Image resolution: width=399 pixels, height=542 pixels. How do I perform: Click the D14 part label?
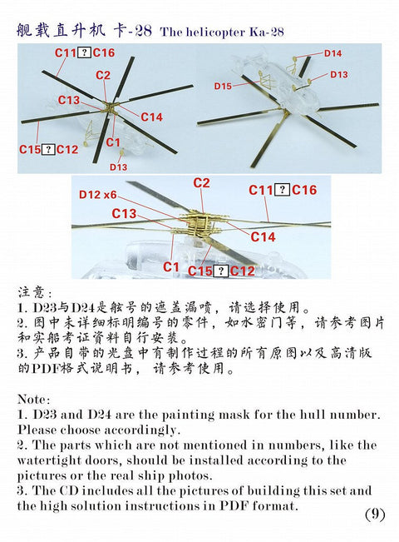click(x=332, y=53)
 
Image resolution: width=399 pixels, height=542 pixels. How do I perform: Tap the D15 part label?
click(x=223, y=86)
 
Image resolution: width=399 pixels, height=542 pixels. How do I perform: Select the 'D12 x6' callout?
click(x=98, y=195)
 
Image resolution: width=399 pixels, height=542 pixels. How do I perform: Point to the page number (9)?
click(x=375, y=514)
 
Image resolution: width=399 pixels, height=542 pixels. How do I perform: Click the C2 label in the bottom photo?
click(x=201, y=183)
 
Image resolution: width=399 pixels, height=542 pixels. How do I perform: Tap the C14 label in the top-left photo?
click(x=151, y=117)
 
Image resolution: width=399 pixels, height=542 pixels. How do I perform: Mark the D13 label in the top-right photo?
click(x=338, y=75)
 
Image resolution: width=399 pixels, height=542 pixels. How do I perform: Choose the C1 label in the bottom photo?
click(x=171, y=266)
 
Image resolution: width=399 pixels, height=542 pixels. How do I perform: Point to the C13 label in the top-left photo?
click(x=69, y=101)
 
